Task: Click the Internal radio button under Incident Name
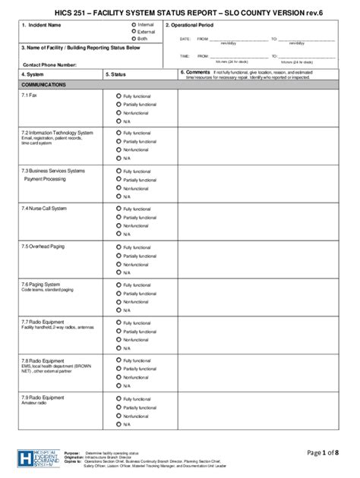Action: pos(134,25)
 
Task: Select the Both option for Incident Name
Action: pos(134,38)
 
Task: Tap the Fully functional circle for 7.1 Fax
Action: pos(118,96)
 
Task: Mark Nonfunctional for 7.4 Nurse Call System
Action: pos(118,225)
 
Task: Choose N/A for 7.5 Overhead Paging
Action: pos(118,272)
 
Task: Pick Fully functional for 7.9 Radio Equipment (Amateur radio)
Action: pos(118,398)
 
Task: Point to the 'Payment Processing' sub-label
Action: pos(45,179)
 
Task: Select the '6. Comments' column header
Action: pos(194,71)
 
